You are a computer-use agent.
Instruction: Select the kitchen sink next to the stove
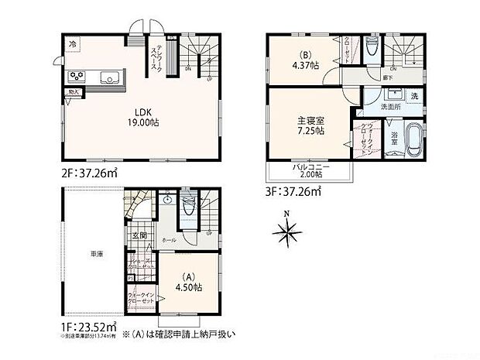click(108, 77)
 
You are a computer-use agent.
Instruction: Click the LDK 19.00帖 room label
click(138, 115)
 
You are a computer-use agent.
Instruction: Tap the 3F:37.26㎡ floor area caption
click(293, 188)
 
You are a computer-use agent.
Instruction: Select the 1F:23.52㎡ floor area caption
click(87, 326)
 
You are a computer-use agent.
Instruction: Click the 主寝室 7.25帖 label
click(310, 126)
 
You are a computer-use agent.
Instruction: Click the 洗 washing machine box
click(413, 96)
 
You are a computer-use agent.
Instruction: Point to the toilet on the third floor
click(372, 48)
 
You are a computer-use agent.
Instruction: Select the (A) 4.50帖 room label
click(187, 282)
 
